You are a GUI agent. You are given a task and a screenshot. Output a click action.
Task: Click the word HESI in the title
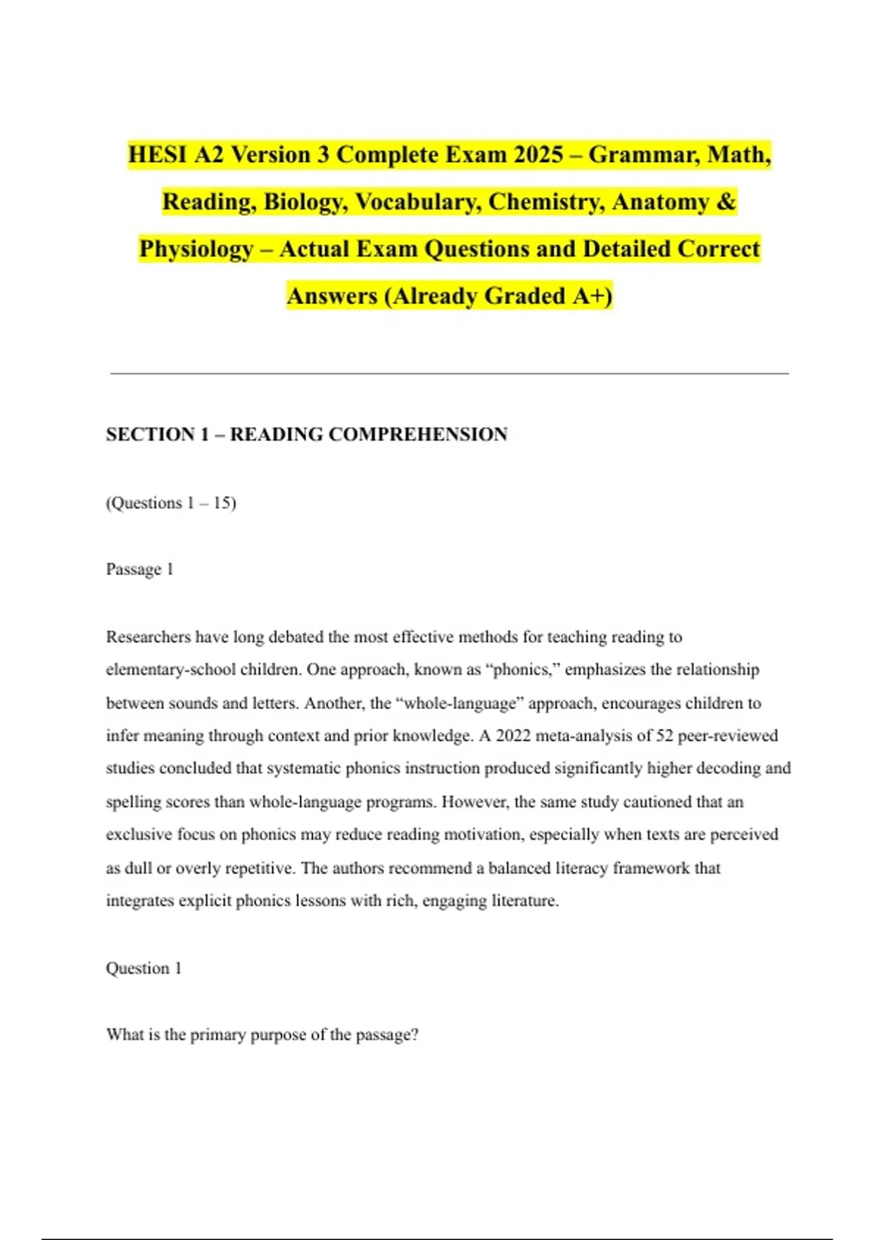[x=157, y=155]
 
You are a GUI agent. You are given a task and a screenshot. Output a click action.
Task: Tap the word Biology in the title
[x=306, y=201]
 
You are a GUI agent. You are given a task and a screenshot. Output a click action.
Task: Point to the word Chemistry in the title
[x=546, y=201]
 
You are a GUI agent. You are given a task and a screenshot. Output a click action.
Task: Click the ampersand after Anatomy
[x=726, y=201]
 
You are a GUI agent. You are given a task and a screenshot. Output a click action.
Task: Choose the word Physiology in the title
[x=196, y=249]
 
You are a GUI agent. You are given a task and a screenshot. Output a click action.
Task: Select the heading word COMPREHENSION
[x=418, y=435]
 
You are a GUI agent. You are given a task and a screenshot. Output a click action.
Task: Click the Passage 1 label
[x=139, y=569]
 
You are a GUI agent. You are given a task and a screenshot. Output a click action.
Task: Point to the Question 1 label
[x=143, y=968]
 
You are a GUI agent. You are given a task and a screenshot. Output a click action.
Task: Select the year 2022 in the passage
[x=512, y=735]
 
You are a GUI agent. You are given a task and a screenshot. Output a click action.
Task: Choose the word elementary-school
[x=171, y=670]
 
